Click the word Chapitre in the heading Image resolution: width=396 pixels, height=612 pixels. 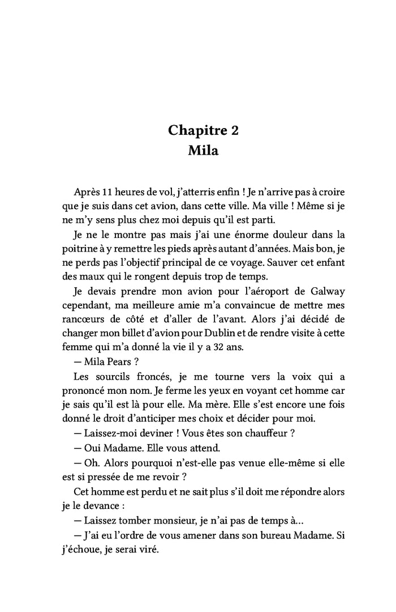(195, 130)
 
